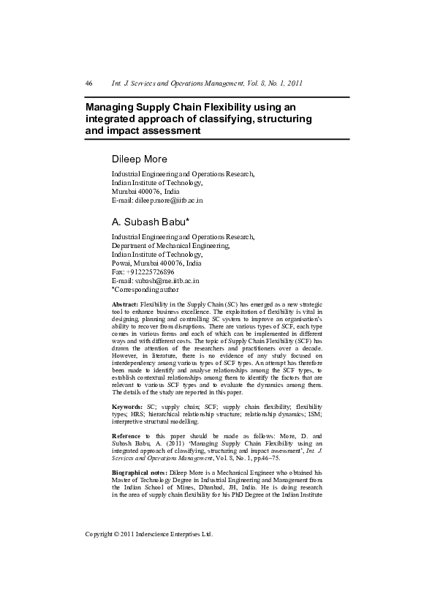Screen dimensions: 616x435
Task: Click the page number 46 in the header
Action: tap(89, 83)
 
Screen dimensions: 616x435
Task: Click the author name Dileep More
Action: tap(139, 159)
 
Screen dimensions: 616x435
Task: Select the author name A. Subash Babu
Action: tap(150, 221)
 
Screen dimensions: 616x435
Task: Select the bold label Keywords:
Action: tap(128, 405)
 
